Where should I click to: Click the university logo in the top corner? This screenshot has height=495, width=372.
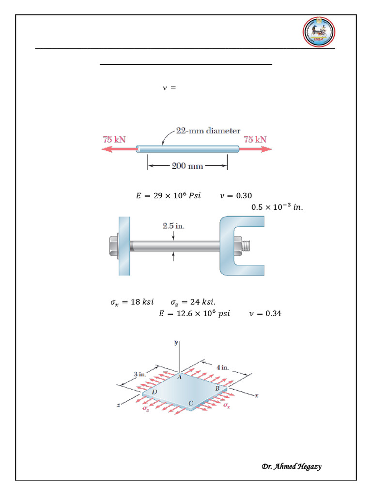tap(319, 33)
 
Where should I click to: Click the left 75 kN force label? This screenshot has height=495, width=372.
tap(114, 139)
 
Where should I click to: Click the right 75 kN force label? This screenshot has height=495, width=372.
tap(255, 139)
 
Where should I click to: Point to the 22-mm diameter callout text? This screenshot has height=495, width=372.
tap(208, 131)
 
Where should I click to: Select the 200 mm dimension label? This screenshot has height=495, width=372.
tap(187, 166)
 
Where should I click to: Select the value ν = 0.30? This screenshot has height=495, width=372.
tap(236, 196)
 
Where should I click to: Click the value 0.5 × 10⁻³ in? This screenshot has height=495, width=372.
tap(279, 207)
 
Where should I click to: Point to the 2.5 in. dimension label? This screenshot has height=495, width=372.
tap(173, 225)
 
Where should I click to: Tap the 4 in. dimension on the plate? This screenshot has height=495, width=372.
tap(222, 367)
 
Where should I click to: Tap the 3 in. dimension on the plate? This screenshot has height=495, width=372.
tap(139, 374)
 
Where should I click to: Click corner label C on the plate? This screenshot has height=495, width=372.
tap(191, 403)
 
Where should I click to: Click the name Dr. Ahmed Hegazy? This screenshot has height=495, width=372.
tap(292, 466)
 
